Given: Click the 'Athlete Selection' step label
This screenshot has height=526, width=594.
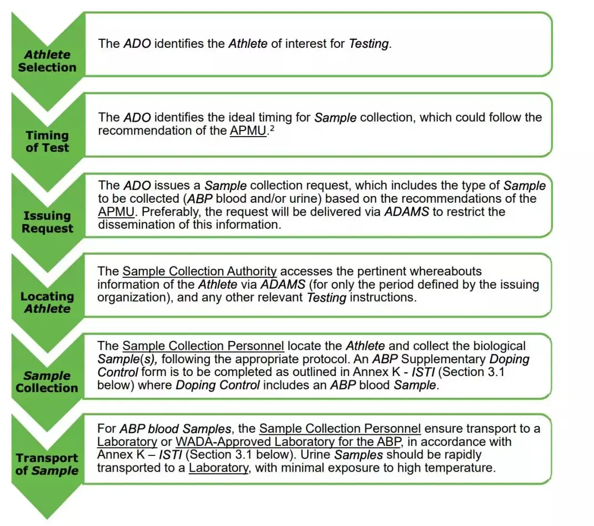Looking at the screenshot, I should pyautogui.click(x=47, y=61).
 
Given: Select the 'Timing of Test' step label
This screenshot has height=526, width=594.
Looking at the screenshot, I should pyautogui.click(x=47, y=142).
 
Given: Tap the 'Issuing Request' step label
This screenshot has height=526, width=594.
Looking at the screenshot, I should pyautogui.click(x=47, y=222).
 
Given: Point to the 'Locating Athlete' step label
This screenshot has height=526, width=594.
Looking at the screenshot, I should pyautogui.click(x=47, y=302).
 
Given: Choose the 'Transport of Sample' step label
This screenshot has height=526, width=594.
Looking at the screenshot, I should pyautogui.click(x=47, y=464).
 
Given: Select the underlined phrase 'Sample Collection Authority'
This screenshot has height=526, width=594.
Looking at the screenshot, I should pyautogui.click(x=199, y=272).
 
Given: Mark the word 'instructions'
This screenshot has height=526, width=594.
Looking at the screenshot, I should pyautogui.click(x=383, y=297).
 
